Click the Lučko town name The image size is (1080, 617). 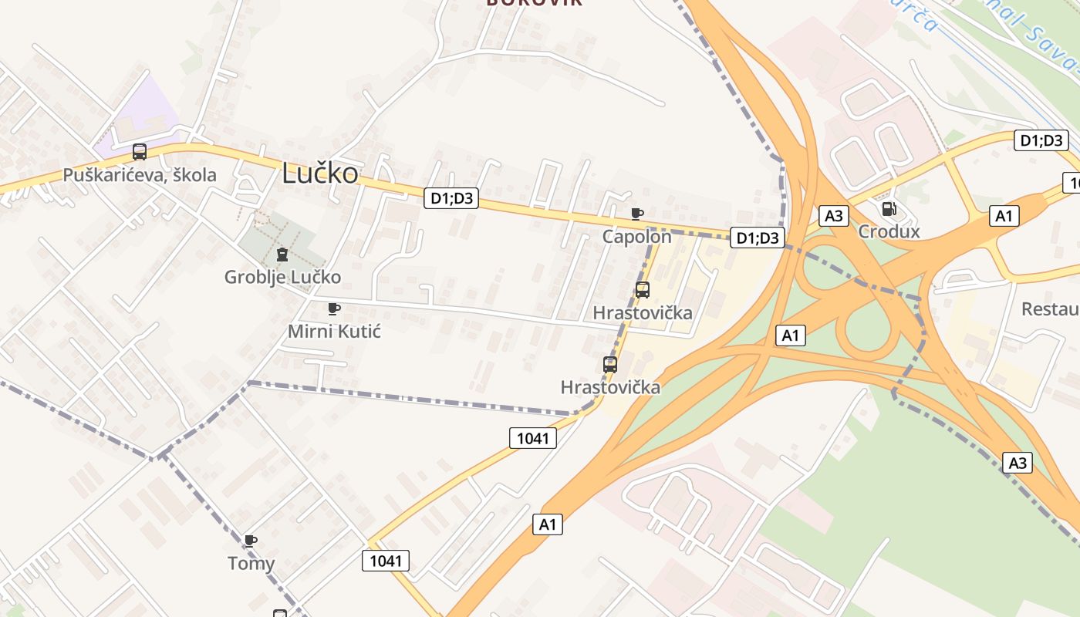coord(320,173)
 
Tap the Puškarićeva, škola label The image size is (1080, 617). coord(140,175)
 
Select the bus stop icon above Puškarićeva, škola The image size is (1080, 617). coord(140,152)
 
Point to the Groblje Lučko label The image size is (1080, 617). coord(282,277)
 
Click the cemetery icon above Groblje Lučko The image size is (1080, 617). coord(282,255)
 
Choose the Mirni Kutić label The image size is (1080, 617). coord(334,332)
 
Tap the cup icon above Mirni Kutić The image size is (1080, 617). coord(334,309)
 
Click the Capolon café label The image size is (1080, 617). coord(637,236)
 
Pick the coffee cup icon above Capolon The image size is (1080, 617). coord(637,214)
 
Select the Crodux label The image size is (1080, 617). coord(889,231)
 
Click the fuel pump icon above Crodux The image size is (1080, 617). coord(889,208)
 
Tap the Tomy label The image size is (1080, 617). coord(251,564)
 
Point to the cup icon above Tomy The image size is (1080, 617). coord(250,541)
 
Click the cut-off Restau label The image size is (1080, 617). coord(1050,309)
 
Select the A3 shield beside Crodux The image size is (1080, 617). coord(834,216)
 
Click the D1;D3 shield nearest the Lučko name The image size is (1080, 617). coord(451,198)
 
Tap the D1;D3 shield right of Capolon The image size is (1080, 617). coord(758,238)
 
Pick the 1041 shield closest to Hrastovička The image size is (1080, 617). coord(532,438)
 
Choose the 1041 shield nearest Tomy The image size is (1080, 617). coord(386,561)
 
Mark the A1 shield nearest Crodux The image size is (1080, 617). coord(1004,216)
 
